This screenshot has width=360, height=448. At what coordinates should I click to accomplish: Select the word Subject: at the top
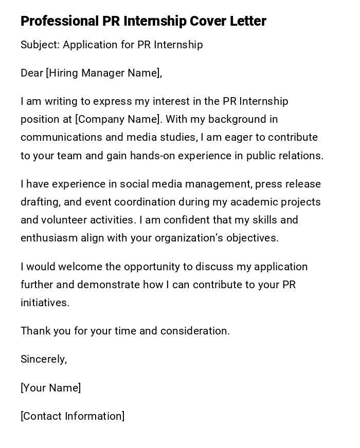[40, 45]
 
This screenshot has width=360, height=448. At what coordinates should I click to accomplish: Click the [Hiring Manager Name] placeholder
[103, 73]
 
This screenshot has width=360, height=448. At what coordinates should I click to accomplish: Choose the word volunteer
[66, 220]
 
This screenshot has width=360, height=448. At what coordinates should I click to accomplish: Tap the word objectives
[250, 238]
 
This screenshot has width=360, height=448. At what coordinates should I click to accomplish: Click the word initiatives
[45, 303]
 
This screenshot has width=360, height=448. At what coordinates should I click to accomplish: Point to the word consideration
[195, 331]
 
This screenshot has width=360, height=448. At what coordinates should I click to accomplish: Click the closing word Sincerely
[44, 359]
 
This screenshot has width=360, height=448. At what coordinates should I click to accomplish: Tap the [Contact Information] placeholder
[73, 416]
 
